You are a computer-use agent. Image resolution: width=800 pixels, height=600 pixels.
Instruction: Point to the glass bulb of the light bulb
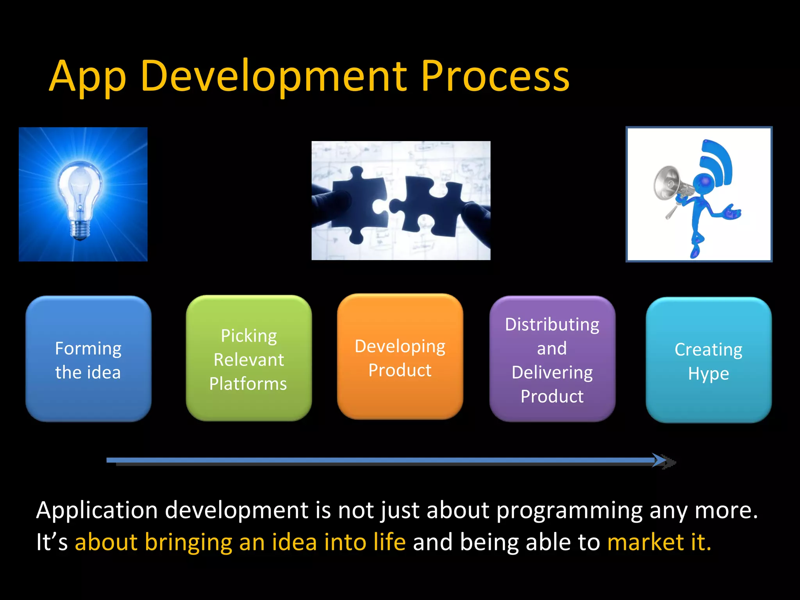(x=80, y=187)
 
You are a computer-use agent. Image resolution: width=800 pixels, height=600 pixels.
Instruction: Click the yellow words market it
(x=659, y=542)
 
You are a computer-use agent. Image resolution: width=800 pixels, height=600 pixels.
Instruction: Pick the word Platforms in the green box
(x=248, y=384)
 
